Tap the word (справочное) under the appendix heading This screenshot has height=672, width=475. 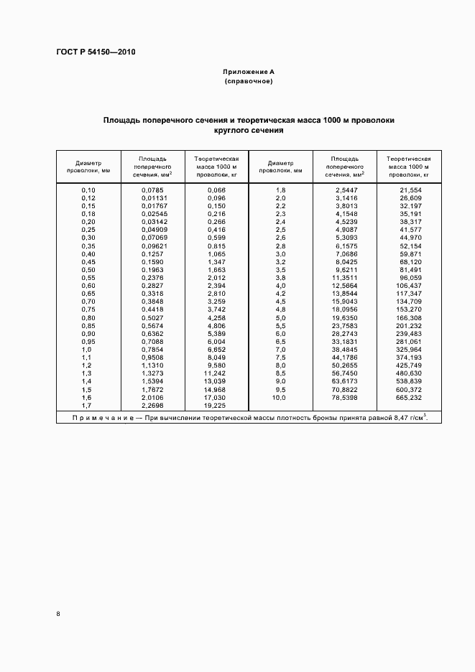pos(249,82)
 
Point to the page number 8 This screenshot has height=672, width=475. pos(58,614)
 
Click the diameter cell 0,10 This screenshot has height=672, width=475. pos(88,190)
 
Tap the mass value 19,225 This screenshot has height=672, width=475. pos(216,405)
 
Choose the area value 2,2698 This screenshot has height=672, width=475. pos(153,405)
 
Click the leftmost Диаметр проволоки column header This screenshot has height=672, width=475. pos(88,167)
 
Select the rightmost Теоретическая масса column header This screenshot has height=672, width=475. pos(408,166)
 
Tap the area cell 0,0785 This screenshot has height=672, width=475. pos(153,190)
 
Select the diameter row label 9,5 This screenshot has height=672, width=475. pos(280,390)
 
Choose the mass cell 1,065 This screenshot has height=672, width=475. pos(216,254)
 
